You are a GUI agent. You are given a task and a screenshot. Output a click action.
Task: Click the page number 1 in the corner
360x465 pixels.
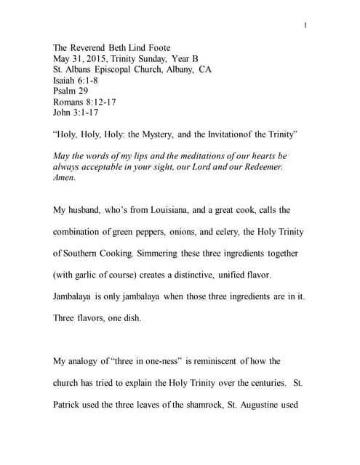click(x=305, y=27)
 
